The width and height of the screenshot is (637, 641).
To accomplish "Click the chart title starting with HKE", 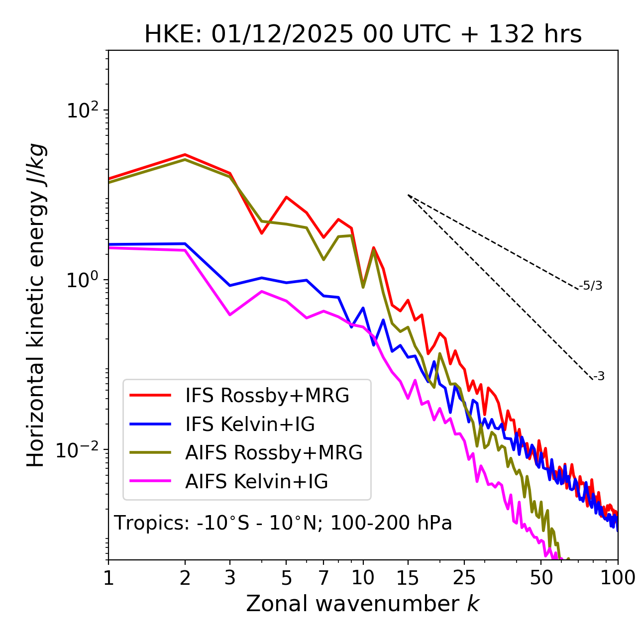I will click(x=363, y=34).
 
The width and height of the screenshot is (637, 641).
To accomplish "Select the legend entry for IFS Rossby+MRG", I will click(x=267, y=395).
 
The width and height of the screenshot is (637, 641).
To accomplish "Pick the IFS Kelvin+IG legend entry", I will click(x=250, y=424).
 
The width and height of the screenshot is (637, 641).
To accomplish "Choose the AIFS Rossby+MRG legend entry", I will click(x=274, y=452).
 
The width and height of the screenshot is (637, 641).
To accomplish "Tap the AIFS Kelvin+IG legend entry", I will click(x=256, y=481).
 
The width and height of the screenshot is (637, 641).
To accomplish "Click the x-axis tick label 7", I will click(x=323, y=577).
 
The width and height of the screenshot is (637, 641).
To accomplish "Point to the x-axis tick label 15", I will click(x=408, y=577).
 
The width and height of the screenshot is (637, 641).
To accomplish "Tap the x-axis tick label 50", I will click(x=541, y=577).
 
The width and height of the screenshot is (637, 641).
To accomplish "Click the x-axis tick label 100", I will click(x=618, y=577).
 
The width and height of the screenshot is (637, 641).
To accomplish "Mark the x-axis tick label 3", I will click(x=230, y=577).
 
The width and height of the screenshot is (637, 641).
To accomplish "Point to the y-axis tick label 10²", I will click(x=84, y=111).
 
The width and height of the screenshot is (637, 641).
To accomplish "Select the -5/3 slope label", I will click(x=591, y=286).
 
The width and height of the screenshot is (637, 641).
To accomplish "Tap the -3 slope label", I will click(x=599, y=376).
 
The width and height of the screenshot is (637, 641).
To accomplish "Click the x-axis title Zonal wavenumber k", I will click(x=363, y=603).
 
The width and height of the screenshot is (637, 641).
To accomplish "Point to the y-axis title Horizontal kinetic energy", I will click(x=36, y=306).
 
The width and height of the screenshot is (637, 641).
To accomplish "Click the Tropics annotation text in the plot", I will click(x=283, y=523).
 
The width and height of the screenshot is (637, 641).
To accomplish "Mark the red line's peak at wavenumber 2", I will click(x=185, y=155).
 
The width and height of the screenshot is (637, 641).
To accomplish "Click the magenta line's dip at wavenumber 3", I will click(x=230, y=315).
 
